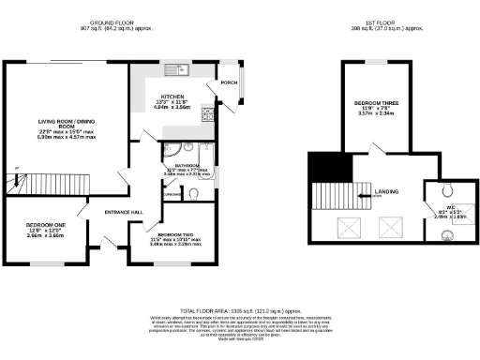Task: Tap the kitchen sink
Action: [x=173, y=67]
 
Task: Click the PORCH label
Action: [x=228, y=82]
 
